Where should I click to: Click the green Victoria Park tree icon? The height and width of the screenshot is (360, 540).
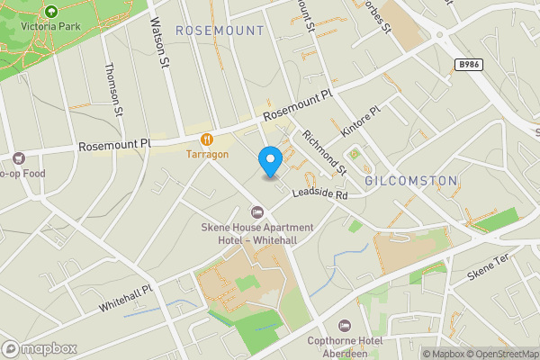tap(50, 12)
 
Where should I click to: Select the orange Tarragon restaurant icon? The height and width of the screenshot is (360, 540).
tap(207, 139)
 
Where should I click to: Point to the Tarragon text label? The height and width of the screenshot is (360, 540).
tap(207, 154)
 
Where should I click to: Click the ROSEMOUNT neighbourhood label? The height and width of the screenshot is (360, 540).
tap(220, 31)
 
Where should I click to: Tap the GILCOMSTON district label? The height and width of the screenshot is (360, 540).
tap(411, 181)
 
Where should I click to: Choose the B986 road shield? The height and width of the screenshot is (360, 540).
tap(467, 65)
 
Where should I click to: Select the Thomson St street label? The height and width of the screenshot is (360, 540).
tap(112, 89)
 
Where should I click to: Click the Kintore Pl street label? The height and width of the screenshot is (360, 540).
tap(362, 122)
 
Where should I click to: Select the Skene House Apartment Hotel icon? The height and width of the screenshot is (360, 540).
tap(257, 212)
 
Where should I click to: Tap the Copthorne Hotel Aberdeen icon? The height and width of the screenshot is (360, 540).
tap(343, 325)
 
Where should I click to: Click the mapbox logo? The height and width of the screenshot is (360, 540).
tap(40, 348)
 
